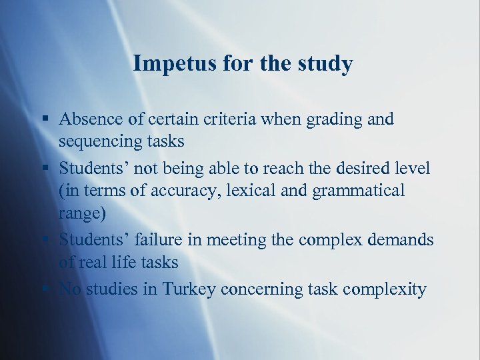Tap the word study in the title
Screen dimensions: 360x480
tap(324, 64)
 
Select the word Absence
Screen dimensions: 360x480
tap(87, 119)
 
